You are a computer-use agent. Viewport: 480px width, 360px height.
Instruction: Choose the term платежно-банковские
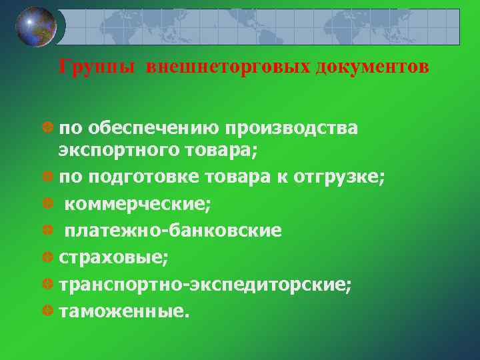[x=173, y=231]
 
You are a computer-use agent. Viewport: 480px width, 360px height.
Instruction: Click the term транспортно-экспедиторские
[x=205, y=285]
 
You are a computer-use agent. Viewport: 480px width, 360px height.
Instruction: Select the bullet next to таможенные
[x=47, y=311]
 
